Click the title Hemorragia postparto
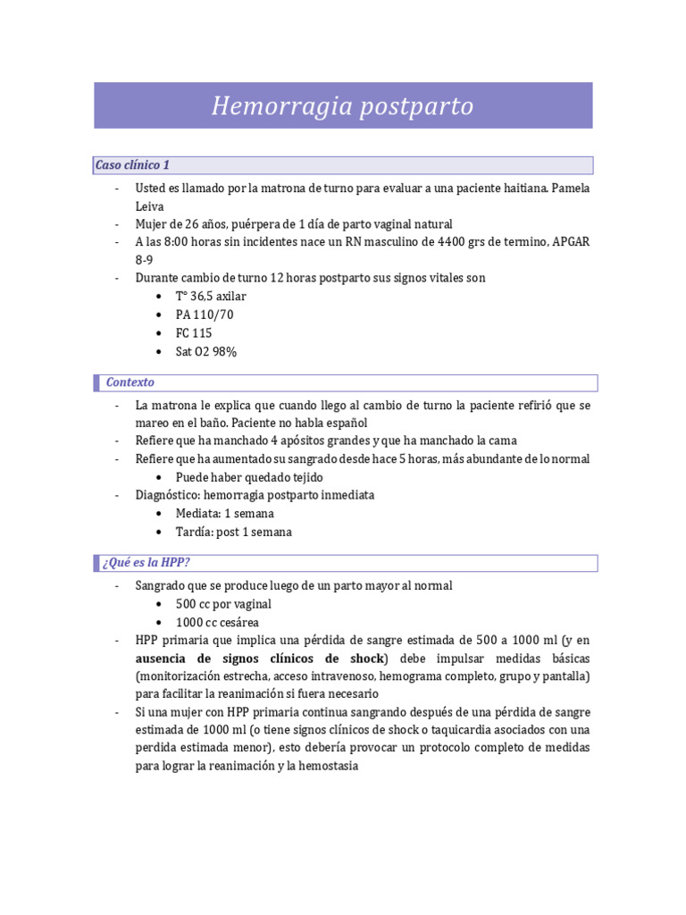click(342, 106)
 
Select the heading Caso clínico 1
click(132, 165)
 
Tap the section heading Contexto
click(130, 382)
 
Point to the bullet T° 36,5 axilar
click(211, 296)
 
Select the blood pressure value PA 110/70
click(205, 315)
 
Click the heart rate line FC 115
click(194, 333)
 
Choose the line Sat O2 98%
click(205, 352)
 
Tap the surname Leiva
click(150, 206)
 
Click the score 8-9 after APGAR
click(145, 259)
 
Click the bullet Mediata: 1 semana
click(224, 514)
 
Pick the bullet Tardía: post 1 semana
click(233, 533)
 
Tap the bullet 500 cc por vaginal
click(223, 604)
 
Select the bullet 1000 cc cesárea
click(219, 622)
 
